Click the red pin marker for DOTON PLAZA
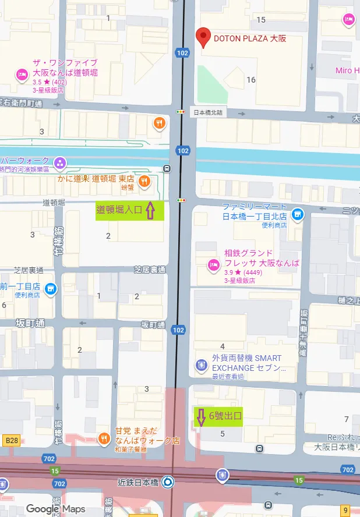(x=203, y=37)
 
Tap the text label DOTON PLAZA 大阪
(x=250, y=40)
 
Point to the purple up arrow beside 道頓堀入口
(x=150, y=210)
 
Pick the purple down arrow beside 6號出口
(x=200, y=417)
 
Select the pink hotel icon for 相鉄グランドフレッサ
(x=213, y=265)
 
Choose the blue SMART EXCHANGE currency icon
(x=202, y=365)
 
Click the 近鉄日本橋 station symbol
(x=167, y=481)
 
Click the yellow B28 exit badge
(x=10, y=441)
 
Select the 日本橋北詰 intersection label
(x=209, y=112)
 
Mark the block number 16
(x=251, y=80)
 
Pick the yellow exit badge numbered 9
(x=345, y=510)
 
